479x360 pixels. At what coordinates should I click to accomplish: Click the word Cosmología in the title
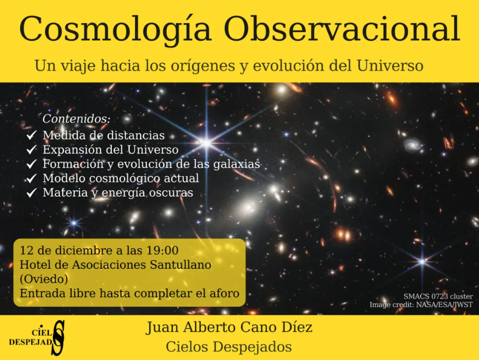tap(115, 30)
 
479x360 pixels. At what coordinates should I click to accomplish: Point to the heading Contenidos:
tap(76, 119)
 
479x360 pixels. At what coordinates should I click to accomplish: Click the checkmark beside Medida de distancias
tap(32, 136)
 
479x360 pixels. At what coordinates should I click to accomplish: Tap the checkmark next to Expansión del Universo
tap(32, 150)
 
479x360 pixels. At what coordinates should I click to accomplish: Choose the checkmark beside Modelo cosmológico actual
tap(32, 179)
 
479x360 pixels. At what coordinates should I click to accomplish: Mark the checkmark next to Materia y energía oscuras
tap(32, 193)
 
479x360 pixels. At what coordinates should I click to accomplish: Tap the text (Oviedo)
tap(44, 278)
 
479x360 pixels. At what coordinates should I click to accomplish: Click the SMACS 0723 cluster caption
tap(438, 296)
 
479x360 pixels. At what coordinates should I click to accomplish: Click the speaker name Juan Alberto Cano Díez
tap(229, 328)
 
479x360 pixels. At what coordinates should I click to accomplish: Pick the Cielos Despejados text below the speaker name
tap(229, 347)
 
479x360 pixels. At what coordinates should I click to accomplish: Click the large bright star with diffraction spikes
tap(206, 142)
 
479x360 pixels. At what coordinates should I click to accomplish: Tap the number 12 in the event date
tap(25, 250)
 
